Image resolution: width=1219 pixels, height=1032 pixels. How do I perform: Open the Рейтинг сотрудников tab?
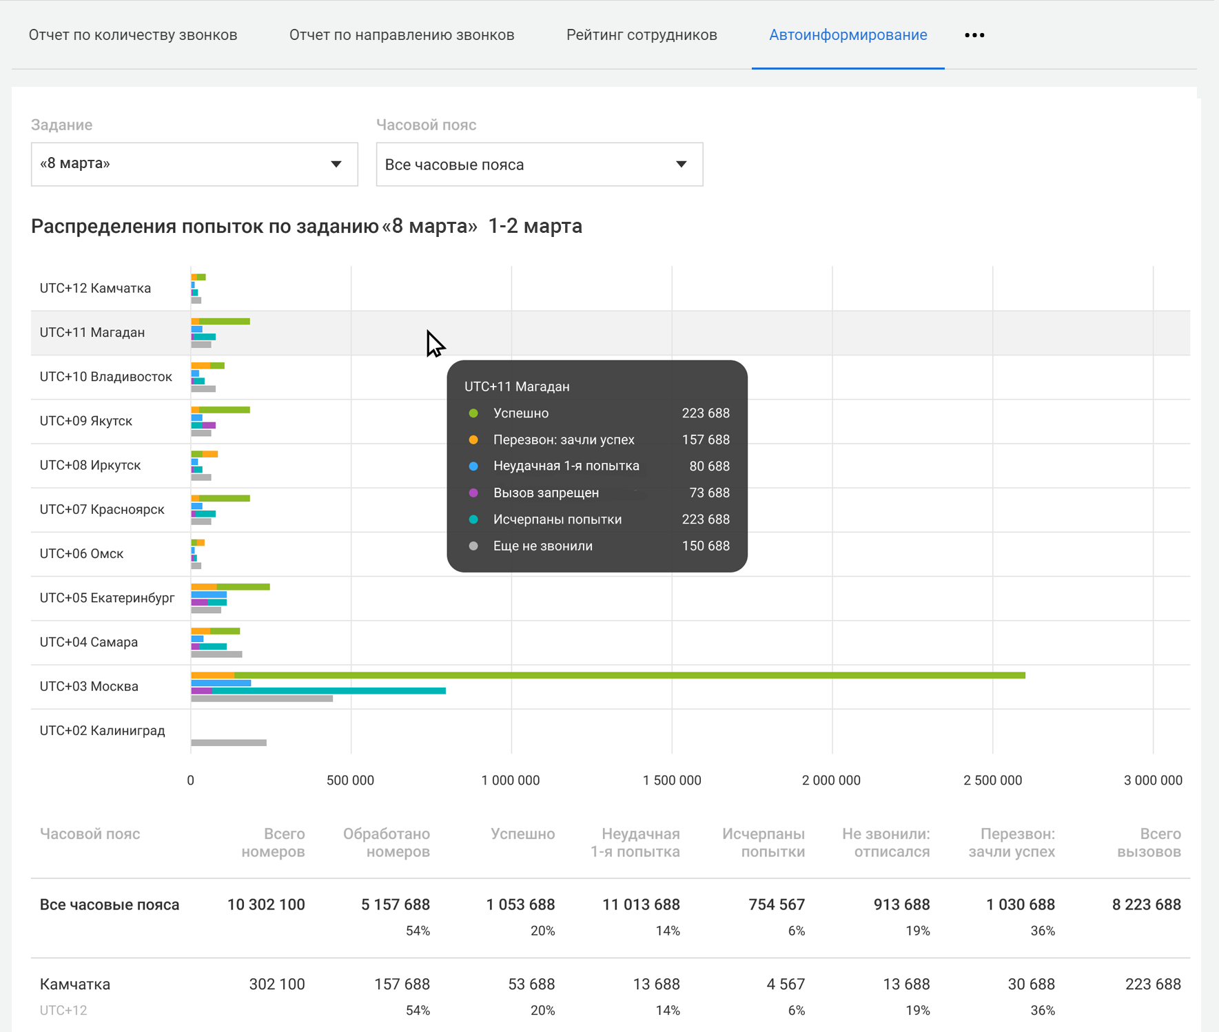(642, 35)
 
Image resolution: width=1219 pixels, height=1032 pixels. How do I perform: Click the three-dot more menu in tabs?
(974, 35)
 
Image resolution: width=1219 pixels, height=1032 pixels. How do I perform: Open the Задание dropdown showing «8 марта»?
(194, 164)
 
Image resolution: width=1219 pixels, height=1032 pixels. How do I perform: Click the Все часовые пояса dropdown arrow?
(681, 164)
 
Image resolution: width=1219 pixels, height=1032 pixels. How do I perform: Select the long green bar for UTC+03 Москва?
(630, 675)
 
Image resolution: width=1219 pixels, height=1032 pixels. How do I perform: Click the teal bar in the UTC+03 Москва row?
(329, 690)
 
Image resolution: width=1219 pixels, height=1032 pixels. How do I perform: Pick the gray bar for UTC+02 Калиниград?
(229, 743)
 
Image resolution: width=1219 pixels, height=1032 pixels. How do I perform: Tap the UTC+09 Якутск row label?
(86, 421)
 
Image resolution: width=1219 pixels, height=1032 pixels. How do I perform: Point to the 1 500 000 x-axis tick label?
(672, 781)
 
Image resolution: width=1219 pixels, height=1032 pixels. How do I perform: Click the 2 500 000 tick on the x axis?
(993, 781)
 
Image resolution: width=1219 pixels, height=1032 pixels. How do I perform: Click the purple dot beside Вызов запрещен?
(473, 493)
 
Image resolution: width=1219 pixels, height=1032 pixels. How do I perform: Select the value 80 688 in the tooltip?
(709, 466)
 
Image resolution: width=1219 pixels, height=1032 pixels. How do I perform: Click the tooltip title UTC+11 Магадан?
(517, 386)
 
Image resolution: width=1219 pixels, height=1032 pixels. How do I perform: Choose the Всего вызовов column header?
(1149, 843)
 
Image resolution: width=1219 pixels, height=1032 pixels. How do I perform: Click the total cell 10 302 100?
(266, 905)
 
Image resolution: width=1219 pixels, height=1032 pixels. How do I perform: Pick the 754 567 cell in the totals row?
(777, 905)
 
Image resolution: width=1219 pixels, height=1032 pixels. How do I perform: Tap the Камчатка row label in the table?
(75, 984)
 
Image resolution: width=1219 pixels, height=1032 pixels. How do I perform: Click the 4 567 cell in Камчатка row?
(786, 984)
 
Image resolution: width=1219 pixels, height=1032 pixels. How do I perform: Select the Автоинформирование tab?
(848, 35)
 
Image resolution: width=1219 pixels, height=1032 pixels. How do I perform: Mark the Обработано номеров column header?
(387, 843)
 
